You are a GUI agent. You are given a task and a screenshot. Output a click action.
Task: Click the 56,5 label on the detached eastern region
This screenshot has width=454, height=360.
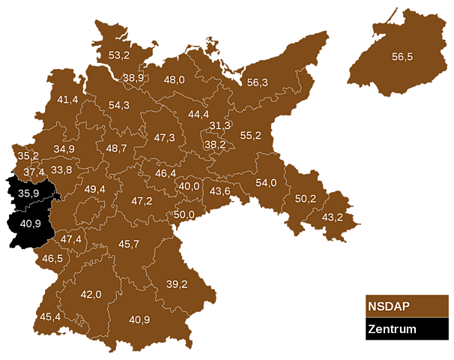[x=402, y=55]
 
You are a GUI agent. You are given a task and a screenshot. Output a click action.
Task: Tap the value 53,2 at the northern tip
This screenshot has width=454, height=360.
[x=119, y=55]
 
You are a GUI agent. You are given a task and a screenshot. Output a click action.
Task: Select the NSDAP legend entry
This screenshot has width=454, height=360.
[x=407, y=306]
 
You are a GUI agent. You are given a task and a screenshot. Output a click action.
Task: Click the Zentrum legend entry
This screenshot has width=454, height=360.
[x=407, y=329]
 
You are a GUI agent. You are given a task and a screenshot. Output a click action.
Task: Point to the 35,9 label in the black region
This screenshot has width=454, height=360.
[x=29, y=193]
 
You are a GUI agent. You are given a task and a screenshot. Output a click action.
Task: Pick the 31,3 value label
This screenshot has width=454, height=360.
[x=220, y=125]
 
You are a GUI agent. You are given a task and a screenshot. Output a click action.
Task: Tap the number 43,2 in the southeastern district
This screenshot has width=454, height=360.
[x=332, y=217]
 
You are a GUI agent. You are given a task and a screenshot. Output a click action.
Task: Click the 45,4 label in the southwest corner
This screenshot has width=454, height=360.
[x=51, y=316]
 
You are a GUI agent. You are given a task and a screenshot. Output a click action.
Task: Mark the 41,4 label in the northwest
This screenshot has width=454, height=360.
[x=67, y=100]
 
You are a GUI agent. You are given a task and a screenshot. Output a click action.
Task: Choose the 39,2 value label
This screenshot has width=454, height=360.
[x=177, y=284]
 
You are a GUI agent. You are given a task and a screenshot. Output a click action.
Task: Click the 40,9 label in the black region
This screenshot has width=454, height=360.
[x=30, y=223]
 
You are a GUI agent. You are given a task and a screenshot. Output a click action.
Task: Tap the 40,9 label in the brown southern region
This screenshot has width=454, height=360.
[x=139, y=320]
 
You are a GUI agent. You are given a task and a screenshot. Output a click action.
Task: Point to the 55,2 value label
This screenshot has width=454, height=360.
[x=250, y=136]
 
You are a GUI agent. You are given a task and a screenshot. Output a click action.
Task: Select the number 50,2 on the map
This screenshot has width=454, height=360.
[x=305, y=199]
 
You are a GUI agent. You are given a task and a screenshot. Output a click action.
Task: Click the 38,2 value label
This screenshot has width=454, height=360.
[x=215, y=144]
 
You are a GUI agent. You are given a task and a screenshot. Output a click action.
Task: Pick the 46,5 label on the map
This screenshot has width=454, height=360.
[x=52, y=259]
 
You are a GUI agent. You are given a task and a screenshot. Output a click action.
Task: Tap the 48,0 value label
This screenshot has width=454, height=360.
[x=175, y=80]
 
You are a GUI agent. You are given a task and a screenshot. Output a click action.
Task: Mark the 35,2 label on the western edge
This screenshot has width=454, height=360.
[x=28, y=156]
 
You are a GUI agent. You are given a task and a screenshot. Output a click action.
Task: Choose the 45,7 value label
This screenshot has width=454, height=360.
[x=129, y=244]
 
